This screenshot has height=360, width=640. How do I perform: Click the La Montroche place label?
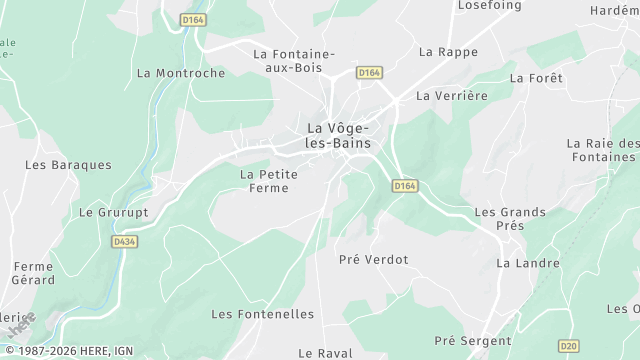click(180, 73)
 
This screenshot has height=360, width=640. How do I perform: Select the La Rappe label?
click(448, 51)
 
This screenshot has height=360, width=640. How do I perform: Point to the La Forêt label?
click(536, 77)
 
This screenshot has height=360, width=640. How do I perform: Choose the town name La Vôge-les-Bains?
click(338, 136)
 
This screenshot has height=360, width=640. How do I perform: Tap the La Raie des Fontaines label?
click(601, 150)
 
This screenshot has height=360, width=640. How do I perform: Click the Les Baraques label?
click(68, 164)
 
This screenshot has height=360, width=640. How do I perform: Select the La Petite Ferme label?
click(269, 181)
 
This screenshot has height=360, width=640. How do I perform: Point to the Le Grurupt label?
click(112, 212)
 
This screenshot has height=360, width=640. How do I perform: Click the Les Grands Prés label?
click(510, 219)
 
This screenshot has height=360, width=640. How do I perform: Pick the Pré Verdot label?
click(374, 259)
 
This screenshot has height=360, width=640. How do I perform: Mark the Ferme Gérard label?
click(33, 274)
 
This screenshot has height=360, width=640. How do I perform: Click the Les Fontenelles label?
click(262, 314)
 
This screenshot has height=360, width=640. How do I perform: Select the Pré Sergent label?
click(473, 341)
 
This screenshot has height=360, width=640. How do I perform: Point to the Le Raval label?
click(326, 353)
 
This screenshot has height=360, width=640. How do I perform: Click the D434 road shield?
click(124, 241)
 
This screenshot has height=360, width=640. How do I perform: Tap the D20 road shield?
click(568, 346)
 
